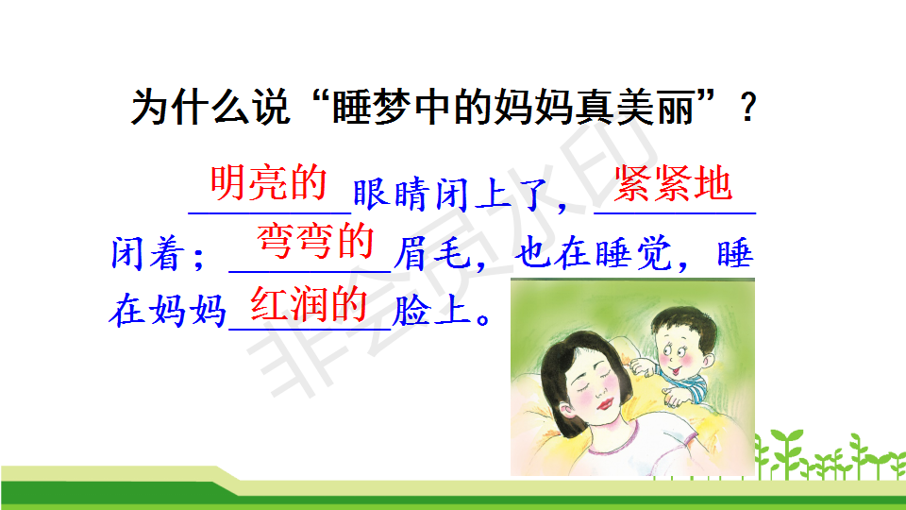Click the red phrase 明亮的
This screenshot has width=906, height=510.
[x=269, y=182]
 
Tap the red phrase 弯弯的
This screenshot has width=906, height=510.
[x=315, y=241]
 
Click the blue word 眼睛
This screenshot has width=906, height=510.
[x=391, y=195]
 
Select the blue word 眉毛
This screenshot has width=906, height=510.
[x=432, y=253]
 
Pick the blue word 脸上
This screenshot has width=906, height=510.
[x=430, y=311]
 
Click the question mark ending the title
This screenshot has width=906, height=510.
[x=748, y=108]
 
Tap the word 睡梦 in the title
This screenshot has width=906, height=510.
[x=372, y=107]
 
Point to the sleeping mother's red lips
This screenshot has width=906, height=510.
[x=604, y=403]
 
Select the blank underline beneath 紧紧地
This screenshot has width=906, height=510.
[x=675, y=213]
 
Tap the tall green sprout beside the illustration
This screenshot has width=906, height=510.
[x=786, y=452]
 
